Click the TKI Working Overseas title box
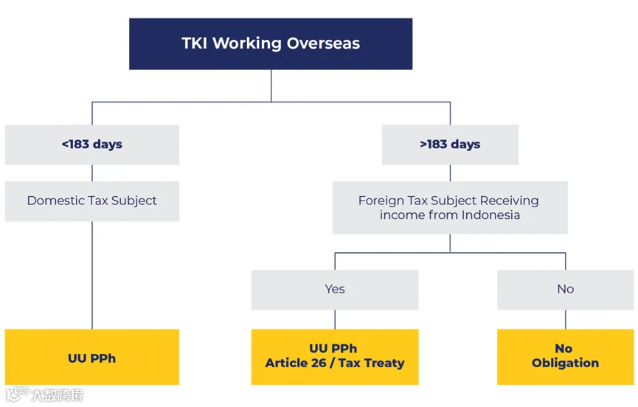click(x=271, y=44)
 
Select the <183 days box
click(x=91, y=145)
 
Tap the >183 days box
click(x=450, y=145)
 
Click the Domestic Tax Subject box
click(x=91, y=201)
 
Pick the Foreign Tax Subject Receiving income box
click(x=449, y=208)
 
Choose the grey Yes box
click(x=334, y=289)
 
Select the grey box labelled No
click(x=565, y=289)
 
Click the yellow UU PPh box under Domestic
click(x=91, y=358)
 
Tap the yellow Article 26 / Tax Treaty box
click(x=334, y=356)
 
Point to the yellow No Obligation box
click(x=565, y=356)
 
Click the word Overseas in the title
click(x=325, y=44)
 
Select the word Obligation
click(x=565, y=363)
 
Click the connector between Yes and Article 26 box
click(x=335, y=319)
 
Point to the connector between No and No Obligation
click(x=566, y=319)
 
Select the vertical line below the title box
click(x=271, y=85)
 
